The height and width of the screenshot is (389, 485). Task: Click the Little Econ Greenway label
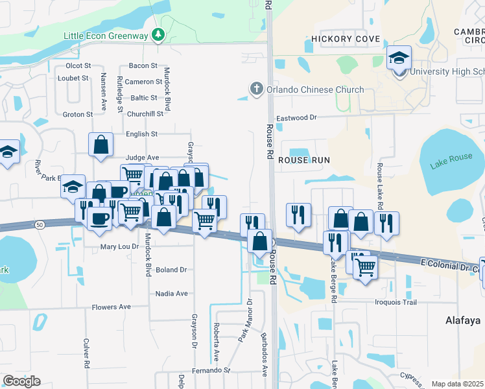pyautogui.click(x=106, y=35)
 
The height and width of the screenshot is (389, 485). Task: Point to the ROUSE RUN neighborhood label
pyautogui.click(x=304, y=159)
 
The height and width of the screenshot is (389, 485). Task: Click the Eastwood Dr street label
pyautogui.click(x=296, y=118)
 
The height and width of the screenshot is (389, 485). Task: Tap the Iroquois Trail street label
pyautogui.click(x=395, y=302)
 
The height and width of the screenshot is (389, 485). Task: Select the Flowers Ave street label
pyautogui.click(x=111, y=307)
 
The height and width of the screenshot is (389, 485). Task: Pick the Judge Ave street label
pyautogui.click(x=142, y=158)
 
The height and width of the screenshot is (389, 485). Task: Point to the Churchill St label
pyautogui.click(x=145, y=114)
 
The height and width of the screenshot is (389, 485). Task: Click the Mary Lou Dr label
pyautogui.click(x=119, y=247)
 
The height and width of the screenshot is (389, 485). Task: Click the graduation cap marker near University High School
pyautogui.click(x=399, y=58)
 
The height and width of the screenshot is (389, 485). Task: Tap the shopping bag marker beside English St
pyautogui.click(x=101, y=145)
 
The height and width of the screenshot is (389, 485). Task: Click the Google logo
pyautogui.click(x=21, y=381)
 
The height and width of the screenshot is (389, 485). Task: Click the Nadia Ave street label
pyautogui.click(x=172, y=294)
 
